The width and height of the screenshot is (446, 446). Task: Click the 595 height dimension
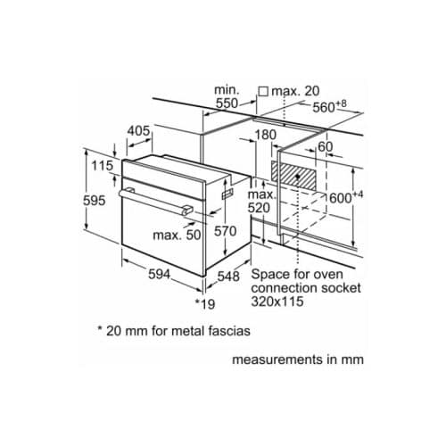pyautogui.click(x=95, y=201)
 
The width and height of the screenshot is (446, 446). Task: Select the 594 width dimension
pyautogui.click(x=160, y=275)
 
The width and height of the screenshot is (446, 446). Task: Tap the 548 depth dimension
pyautogui.click(x=229, y=277)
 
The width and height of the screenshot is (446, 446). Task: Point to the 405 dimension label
pyautogui.click(x=138, y=131)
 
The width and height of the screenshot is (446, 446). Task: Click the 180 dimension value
pyautogui.click(x=266, y=135)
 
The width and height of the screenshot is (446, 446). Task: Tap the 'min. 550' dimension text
pyautogui.click(x=227, y=96)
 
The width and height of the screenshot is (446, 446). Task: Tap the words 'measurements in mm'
pyautogui.click(x=298, y=361)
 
